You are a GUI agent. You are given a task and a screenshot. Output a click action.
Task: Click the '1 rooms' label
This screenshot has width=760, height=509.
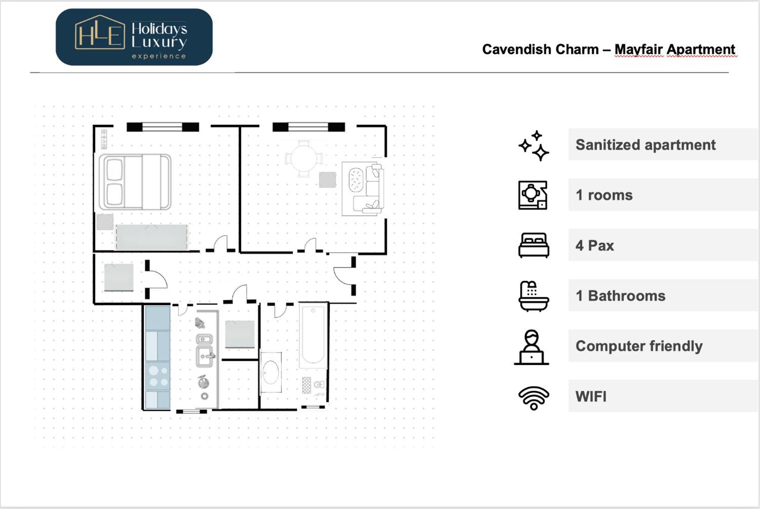coord(604,195)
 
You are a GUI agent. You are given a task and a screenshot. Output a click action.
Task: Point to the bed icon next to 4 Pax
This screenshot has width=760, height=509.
coord(534,245)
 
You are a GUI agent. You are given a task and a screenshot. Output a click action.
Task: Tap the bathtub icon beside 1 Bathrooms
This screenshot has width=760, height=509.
coord(534,296)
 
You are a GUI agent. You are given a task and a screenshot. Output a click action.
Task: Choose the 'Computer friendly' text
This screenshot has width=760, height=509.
coord(639,346)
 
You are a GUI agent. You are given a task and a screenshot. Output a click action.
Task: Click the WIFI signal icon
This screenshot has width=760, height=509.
coord(534,397)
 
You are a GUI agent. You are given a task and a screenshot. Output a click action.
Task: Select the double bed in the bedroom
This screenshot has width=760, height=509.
coord(135,182)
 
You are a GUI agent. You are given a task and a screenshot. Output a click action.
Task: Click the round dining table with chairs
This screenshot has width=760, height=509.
coord(304,158)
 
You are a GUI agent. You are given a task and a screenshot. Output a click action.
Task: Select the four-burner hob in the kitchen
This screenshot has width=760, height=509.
coord(158,376)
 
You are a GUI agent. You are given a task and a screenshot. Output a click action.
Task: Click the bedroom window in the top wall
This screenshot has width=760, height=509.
coord(162,127)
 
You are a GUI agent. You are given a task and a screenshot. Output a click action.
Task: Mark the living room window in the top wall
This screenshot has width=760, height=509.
coord(308,127)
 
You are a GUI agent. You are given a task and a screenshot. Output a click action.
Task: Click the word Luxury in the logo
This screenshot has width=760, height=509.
coord(159,42)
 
